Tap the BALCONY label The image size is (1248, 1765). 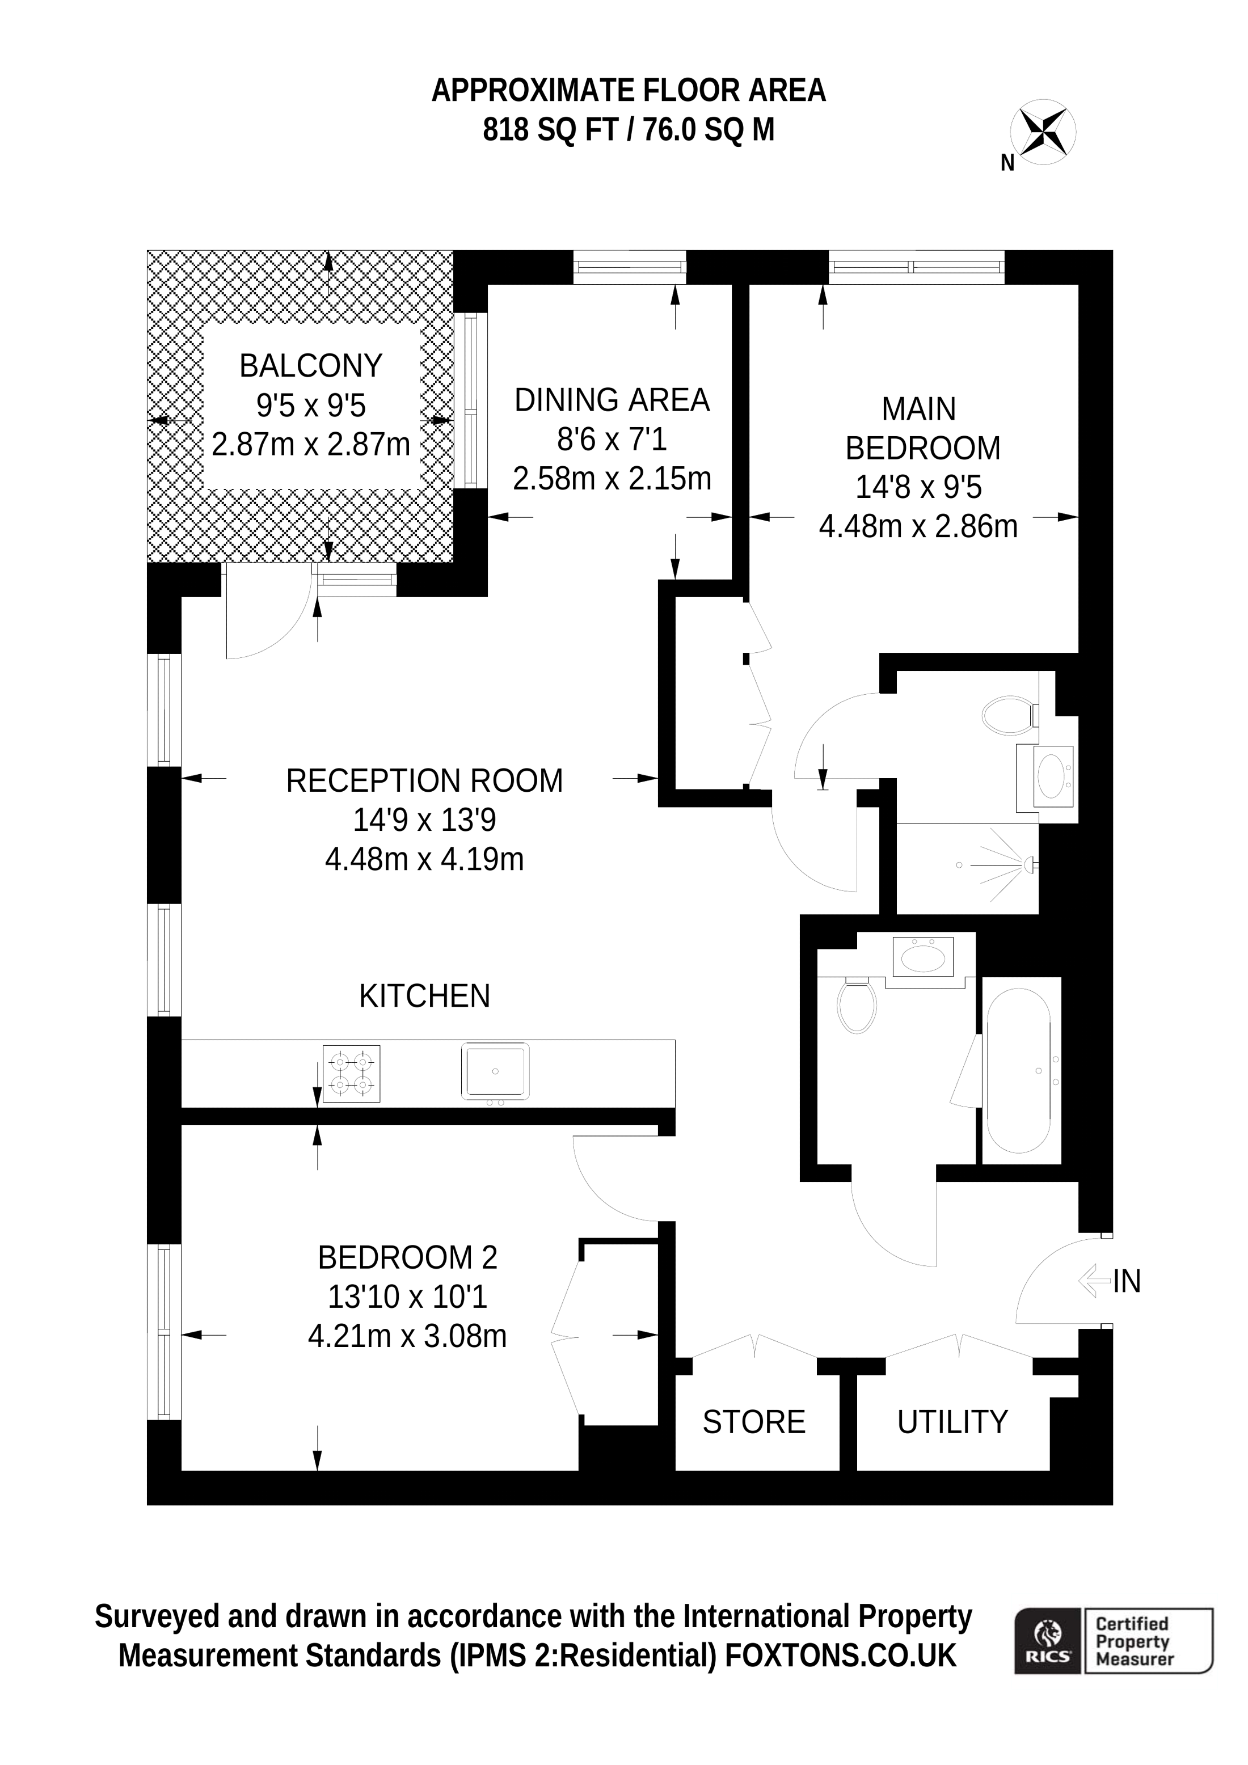coord(311,366)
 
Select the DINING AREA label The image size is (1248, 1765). coord(612,400)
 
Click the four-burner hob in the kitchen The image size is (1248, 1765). coord(351,1074)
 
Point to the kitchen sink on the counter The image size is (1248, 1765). coord(495,1071)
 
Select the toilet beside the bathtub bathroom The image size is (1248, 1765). coord(857,1006)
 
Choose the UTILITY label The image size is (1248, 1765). coord(952,1423)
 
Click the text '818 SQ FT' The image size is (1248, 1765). coord(551,130)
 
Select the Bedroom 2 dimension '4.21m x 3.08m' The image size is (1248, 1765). coord(407,1336)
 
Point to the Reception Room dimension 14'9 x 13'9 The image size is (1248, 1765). coord(424,820)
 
